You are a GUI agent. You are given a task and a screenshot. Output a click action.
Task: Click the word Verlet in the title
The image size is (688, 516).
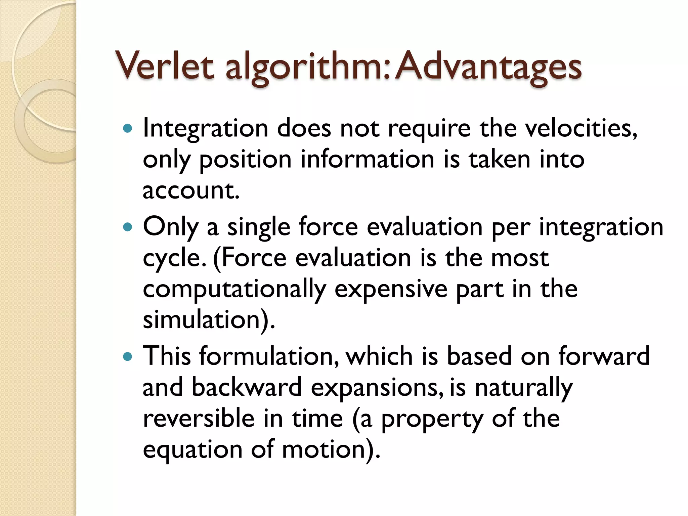[164, 66]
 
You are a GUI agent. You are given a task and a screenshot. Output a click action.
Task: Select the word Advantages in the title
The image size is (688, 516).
[488, 66]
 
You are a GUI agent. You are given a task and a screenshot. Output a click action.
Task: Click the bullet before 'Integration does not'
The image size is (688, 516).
[128, 128]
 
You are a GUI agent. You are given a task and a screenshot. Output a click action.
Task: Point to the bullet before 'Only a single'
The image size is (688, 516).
[128, 227]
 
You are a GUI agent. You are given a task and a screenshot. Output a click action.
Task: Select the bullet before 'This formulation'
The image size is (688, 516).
[128, 356]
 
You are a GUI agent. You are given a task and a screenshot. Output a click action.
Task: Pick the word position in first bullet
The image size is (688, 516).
[245, 160]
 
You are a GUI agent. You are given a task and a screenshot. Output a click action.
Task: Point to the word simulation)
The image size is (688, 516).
[209, 319]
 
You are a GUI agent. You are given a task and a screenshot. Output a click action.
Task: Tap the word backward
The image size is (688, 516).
[247, 387]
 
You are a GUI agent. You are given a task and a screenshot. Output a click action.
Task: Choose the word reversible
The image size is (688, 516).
[199, 419]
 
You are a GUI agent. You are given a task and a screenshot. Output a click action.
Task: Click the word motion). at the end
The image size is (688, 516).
[331, 449]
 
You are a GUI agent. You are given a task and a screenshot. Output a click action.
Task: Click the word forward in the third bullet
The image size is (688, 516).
[604, 356]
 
